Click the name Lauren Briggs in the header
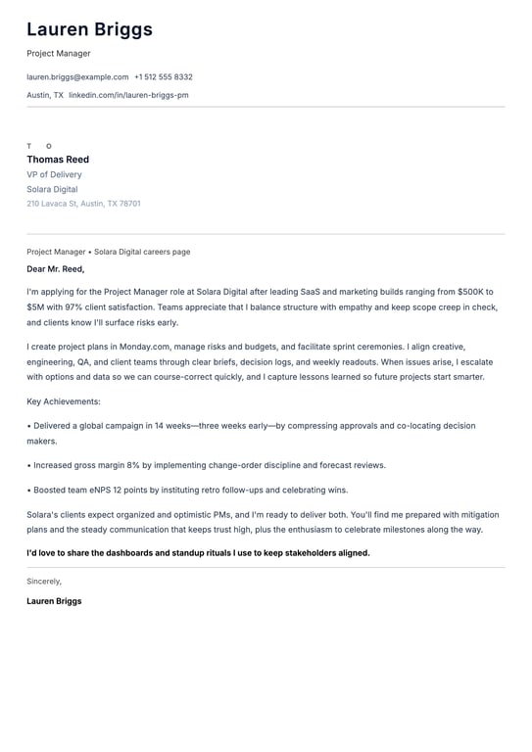[x=89, y=29]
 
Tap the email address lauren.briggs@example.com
[x=77, y=76]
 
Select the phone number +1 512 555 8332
[x=164, y=76]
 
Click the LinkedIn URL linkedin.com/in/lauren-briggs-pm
[x=128, y=95]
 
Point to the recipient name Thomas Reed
[x=58, y=160]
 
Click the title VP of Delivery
[x=54, y=174]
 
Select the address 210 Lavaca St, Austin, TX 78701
[x=83, y=204]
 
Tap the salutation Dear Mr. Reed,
[x=56, y=269]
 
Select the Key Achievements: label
[x=64, y=401]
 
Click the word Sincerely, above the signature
[x=44, y=581]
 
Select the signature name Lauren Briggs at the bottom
[x=54, y=601]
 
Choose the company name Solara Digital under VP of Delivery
[x=52, y=189]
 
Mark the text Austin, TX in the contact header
[x=45, y=95]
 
